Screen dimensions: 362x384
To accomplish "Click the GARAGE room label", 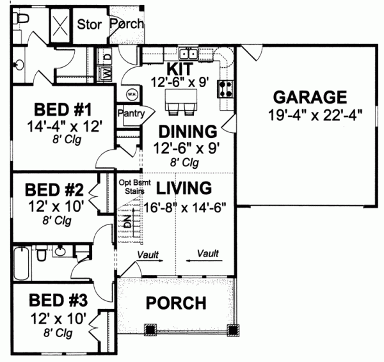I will [310, 97].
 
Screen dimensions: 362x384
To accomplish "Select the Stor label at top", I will [90, 24].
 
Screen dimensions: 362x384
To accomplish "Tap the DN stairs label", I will [126, 224].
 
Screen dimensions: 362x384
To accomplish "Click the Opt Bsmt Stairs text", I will [132, 186].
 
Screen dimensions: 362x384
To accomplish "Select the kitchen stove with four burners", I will [225, 86].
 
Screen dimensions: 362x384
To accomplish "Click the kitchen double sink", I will [188, 54].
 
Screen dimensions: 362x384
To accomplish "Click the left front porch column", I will [150, 329].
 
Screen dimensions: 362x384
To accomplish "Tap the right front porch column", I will [234, 329].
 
